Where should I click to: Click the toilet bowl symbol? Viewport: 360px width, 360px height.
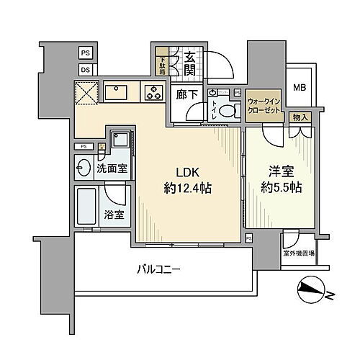click(230, 111)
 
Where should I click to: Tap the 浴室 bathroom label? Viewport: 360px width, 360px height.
click(112, 214)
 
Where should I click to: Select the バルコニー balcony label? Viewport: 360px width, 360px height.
click(160, 270)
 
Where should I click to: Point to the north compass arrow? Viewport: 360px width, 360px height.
click(311, 292)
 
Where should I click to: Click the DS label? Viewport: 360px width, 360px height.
click(86, 69)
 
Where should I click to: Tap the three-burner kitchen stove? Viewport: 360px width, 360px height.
click(154, 91)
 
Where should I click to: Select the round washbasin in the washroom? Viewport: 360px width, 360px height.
click(81, 166)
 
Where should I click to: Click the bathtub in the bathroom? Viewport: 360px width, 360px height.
click(87, 207)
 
